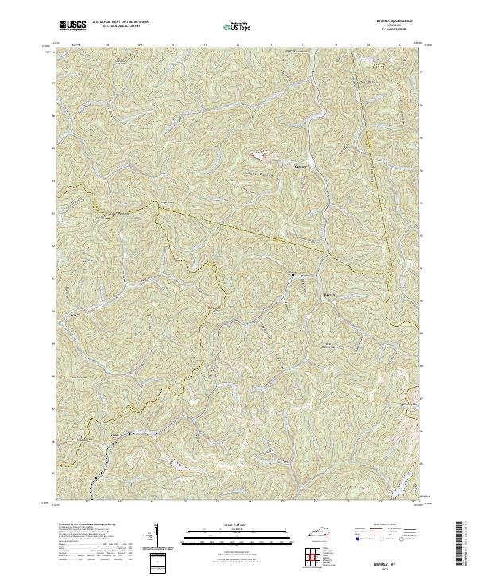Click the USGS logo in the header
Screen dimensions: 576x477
72,25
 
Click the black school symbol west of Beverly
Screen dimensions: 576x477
293,276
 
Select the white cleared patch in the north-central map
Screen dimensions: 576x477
259,157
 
